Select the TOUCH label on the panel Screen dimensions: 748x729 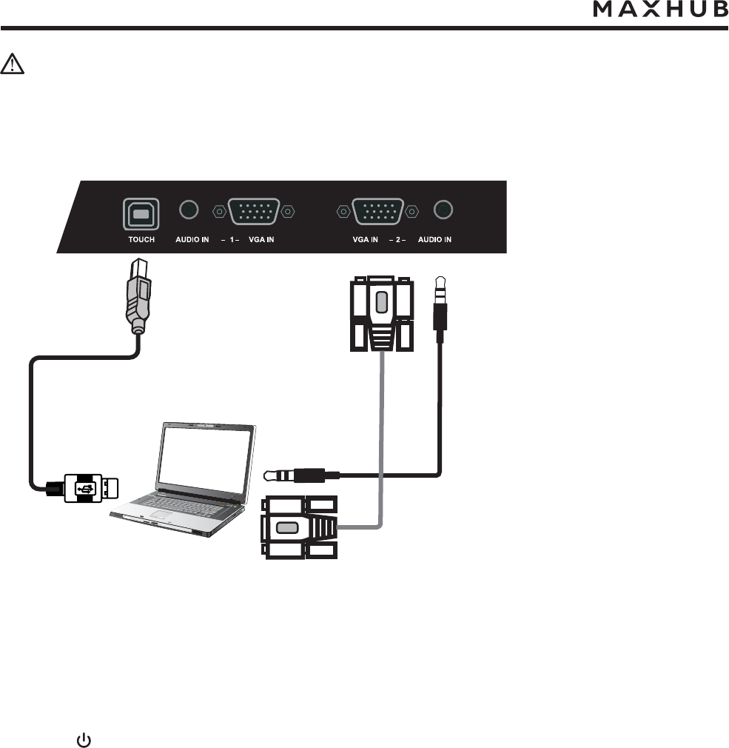pyautogui.click(x=141, y=240)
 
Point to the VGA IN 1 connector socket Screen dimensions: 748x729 pyautogui.click(x=254, y=212)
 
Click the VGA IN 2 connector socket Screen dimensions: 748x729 pyautogui.click(x=377, y=212)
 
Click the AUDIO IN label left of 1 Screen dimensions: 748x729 pyautogui.click(x=192, y=240)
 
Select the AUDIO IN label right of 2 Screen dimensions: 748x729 pyautogui.click(x=434, y=240)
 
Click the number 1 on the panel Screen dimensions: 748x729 pyautogui.click(x=229, y=240)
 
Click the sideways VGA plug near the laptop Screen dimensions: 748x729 pyautogui.click(x=298, y=527)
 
